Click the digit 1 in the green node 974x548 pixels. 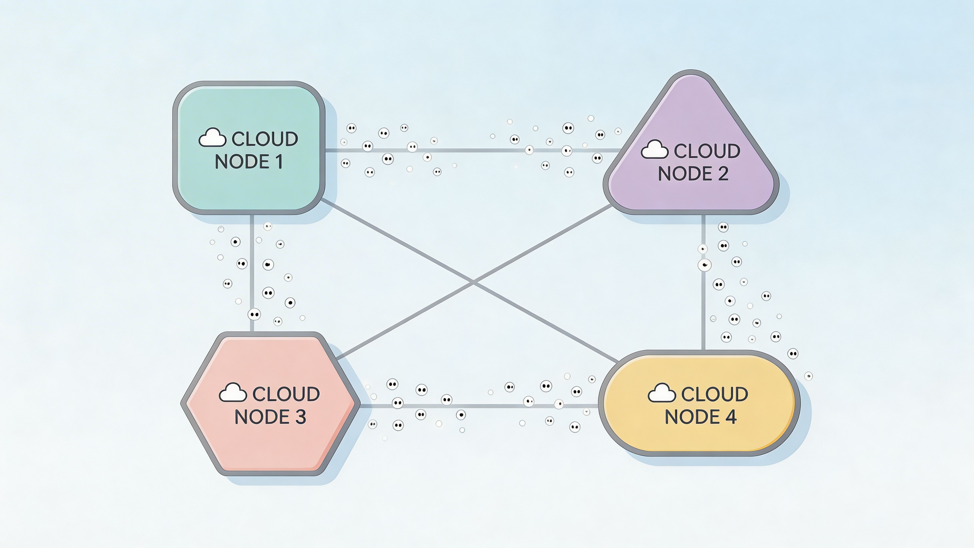pos(279,162)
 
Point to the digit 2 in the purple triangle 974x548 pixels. pos(723,174)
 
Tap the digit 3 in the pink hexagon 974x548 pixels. pos(300,417)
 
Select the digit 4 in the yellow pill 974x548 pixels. pos(731,417)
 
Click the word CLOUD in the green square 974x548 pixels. pos(265,139)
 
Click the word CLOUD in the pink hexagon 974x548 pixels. pos(286,394)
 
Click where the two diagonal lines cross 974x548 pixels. pos(473,281)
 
